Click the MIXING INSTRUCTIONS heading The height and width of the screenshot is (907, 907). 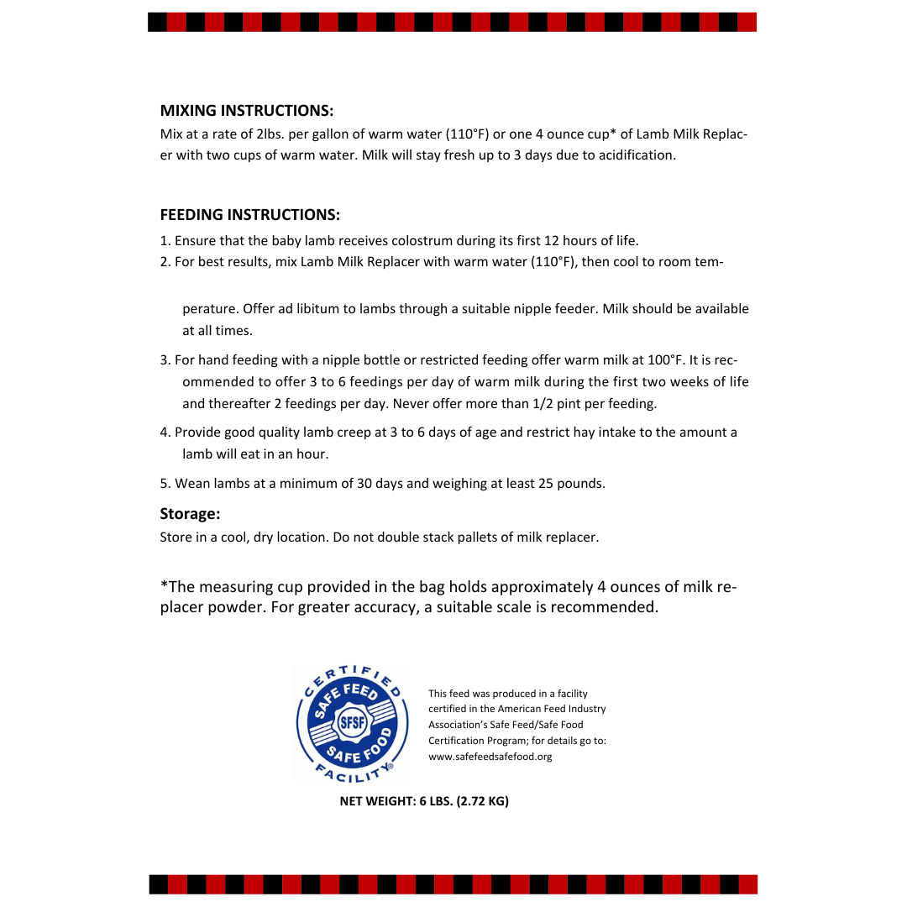246,111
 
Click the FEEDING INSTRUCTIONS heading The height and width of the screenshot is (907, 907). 249,215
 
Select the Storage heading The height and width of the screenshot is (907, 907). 190,514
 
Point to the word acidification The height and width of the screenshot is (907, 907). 637,155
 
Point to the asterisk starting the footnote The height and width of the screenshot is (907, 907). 163,585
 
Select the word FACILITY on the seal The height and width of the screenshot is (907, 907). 352,771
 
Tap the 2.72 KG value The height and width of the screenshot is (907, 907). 483,801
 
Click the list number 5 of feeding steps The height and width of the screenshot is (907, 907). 164,484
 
